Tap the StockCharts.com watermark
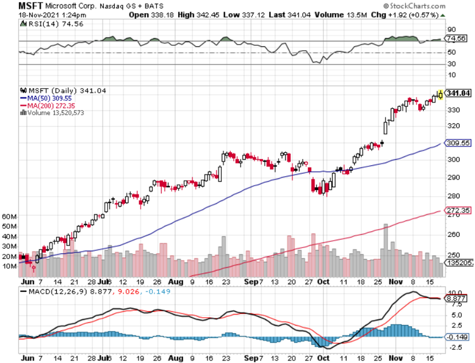pyautogui.click(x=415, y=6)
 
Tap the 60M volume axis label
pyautogui.click(x=10, y=216)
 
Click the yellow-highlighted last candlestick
pyautogui.click(x=440, y=94)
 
